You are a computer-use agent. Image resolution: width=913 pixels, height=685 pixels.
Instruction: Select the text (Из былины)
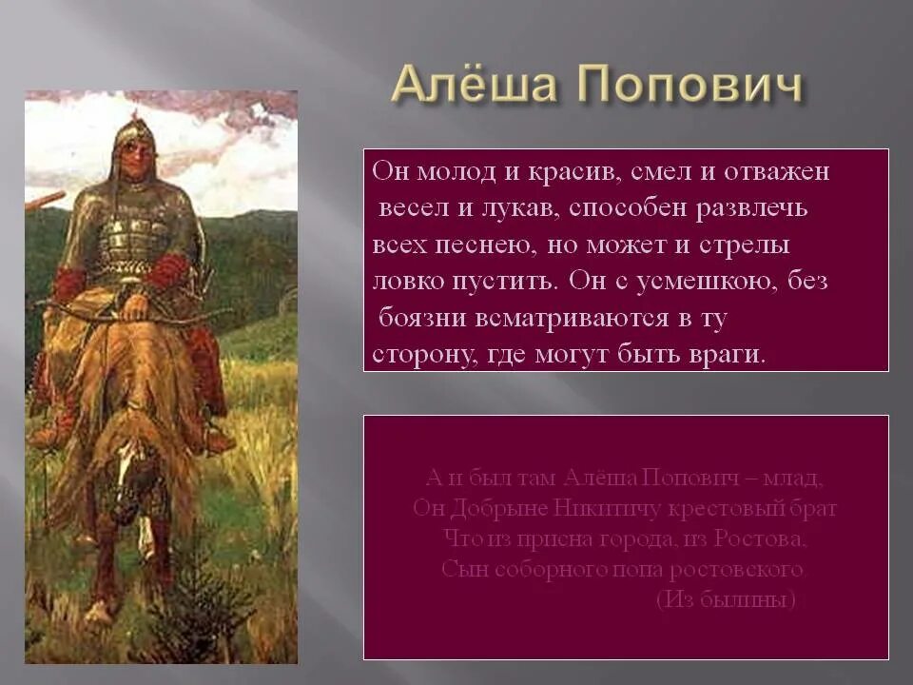pos(726,600)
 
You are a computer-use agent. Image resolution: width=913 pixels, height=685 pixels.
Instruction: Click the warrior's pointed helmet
pos(134,133)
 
